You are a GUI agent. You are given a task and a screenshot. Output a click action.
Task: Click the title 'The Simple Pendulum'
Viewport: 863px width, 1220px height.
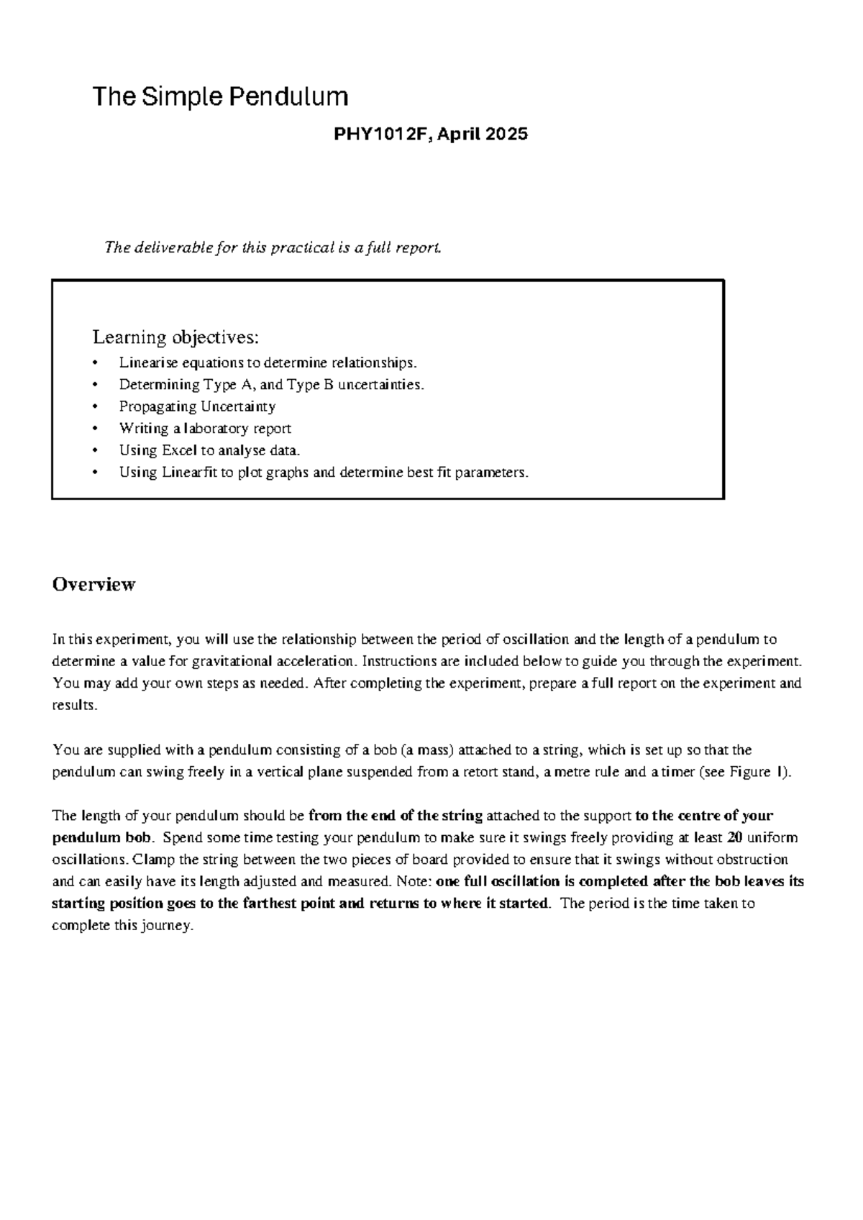point(220,96)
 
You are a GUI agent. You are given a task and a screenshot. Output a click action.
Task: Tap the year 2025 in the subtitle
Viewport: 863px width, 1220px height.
point(506,134)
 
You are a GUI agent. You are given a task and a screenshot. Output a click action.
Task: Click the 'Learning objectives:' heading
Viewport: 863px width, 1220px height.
point(175,337)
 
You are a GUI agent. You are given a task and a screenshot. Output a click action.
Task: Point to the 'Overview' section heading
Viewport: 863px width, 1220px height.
point(93,584)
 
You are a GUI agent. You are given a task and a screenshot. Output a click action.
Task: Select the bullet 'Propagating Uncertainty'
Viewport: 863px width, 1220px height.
point(197,406)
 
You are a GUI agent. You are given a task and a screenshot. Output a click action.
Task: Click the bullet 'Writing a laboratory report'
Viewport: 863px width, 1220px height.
point(205,429)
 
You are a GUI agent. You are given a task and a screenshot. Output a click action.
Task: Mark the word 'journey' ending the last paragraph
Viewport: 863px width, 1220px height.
point(168,926)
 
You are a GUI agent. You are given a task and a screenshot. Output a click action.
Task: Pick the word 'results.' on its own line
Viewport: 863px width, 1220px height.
point(74,706)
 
